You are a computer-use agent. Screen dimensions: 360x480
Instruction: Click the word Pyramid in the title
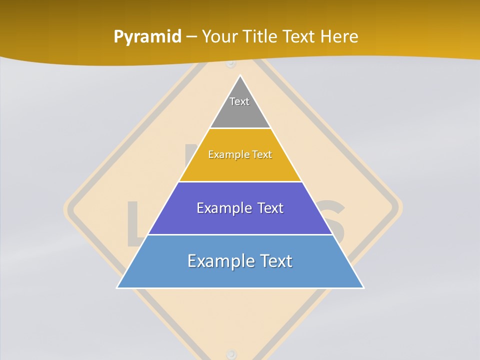(147, 37)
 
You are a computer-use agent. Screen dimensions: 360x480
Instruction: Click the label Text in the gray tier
(239, 101)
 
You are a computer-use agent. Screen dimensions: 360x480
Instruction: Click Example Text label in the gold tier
(240, 154)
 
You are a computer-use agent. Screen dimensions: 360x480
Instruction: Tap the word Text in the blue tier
(275, 261)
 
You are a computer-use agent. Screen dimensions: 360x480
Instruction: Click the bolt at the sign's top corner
(230, 63)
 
